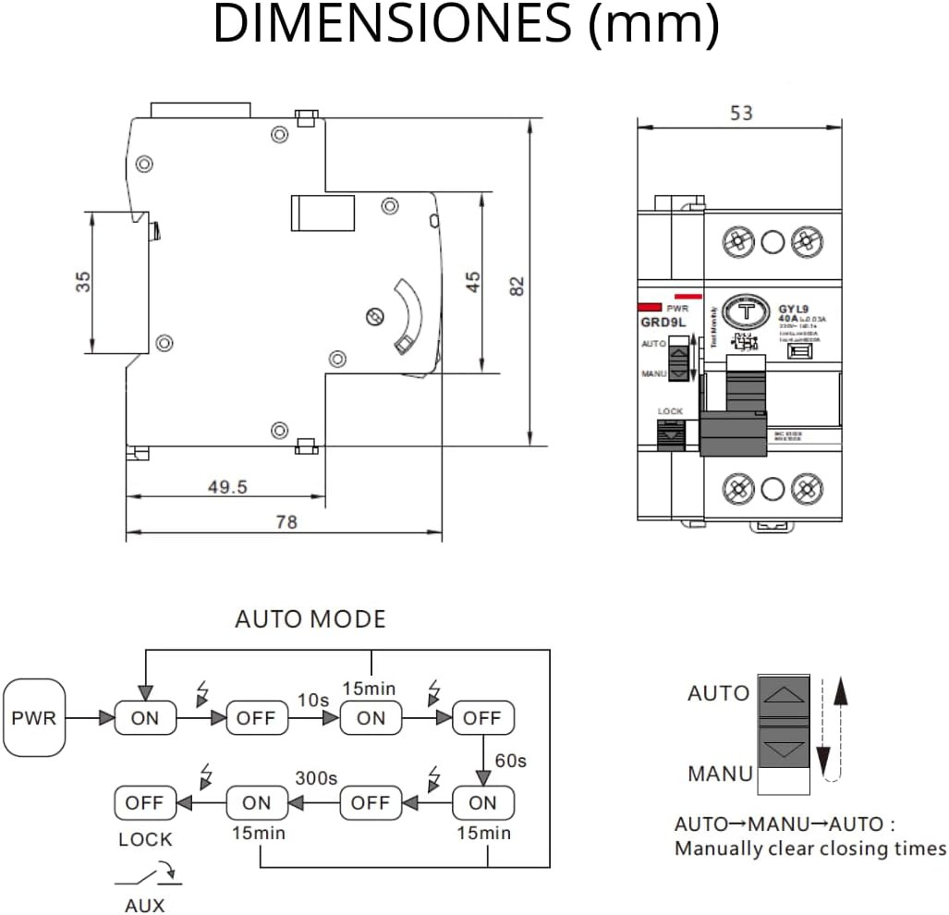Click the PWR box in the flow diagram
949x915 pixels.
(34, 717)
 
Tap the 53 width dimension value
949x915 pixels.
(741, 113)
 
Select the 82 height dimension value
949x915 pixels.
(518, 287)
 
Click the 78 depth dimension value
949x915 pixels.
(286, 522)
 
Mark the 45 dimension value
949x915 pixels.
(472, 282)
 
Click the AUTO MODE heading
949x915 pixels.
(310, 618)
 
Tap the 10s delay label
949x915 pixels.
(313, 700)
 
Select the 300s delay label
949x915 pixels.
(316, 778)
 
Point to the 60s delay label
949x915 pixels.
(511, 761)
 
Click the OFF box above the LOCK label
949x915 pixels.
(144, 802)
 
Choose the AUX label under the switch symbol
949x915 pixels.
(145, 906)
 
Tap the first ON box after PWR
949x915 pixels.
(145, 718)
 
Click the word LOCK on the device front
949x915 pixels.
(670, 410)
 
